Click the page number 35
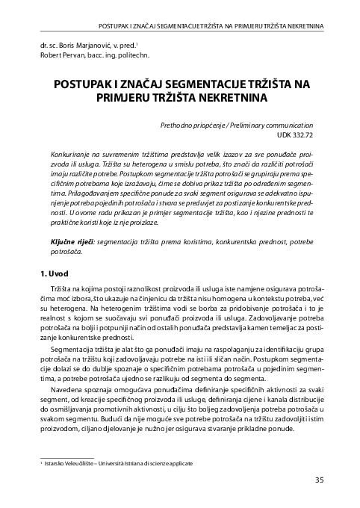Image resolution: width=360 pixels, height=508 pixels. coord(319,480)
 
